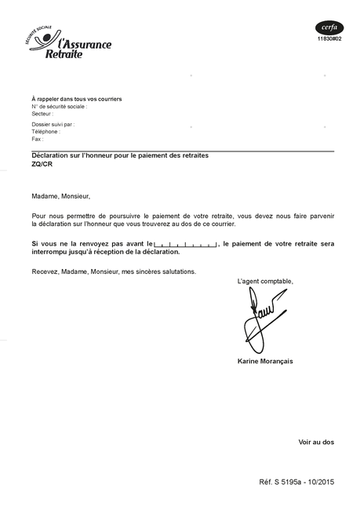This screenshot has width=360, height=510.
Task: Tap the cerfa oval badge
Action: coord(329,27)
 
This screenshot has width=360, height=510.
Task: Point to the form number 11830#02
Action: coord(329,38)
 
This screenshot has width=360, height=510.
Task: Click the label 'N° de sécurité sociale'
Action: coord(59,106)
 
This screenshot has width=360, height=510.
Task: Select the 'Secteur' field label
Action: coord(42,113)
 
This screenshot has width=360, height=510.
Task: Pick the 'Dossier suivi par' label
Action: coord(53,125)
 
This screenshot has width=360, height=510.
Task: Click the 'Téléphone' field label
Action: coord(46,132)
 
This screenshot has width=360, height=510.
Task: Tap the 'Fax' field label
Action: coord(37,139)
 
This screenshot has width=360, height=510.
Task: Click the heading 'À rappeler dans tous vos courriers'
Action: coord(76,99)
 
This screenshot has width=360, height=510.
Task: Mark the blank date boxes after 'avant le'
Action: coord(186,245)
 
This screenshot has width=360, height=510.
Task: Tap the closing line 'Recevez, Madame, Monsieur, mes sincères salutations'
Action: coord(114,271)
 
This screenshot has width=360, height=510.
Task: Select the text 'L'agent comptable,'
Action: coord(265,281)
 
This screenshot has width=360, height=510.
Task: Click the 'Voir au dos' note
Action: coord(316,442)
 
